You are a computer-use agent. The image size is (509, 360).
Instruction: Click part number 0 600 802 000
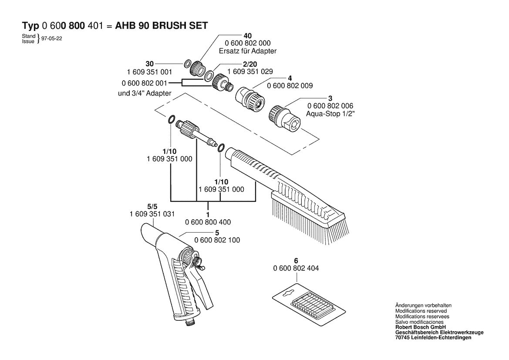pos(248,43)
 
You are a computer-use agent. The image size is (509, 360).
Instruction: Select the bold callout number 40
pos(248,35)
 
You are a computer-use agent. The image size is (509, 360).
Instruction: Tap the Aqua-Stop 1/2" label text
pos(330,114)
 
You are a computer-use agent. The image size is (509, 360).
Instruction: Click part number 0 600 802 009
pos(290,86)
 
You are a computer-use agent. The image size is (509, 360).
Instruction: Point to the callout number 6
pos(296,261)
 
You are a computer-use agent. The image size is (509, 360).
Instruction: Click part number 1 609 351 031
pos(152,214)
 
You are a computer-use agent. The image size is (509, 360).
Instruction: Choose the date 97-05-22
pos(52,39)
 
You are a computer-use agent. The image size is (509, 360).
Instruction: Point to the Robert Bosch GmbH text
pos(420,327)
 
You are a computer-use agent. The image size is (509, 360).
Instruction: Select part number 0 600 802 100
pos(217,240)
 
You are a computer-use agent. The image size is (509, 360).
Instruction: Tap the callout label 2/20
pos(250,64)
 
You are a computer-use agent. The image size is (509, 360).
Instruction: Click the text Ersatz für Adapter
pos(248,51)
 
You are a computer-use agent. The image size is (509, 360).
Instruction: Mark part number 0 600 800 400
pos(208,222)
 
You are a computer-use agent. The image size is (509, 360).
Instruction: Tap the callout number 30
pos(150,64)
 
